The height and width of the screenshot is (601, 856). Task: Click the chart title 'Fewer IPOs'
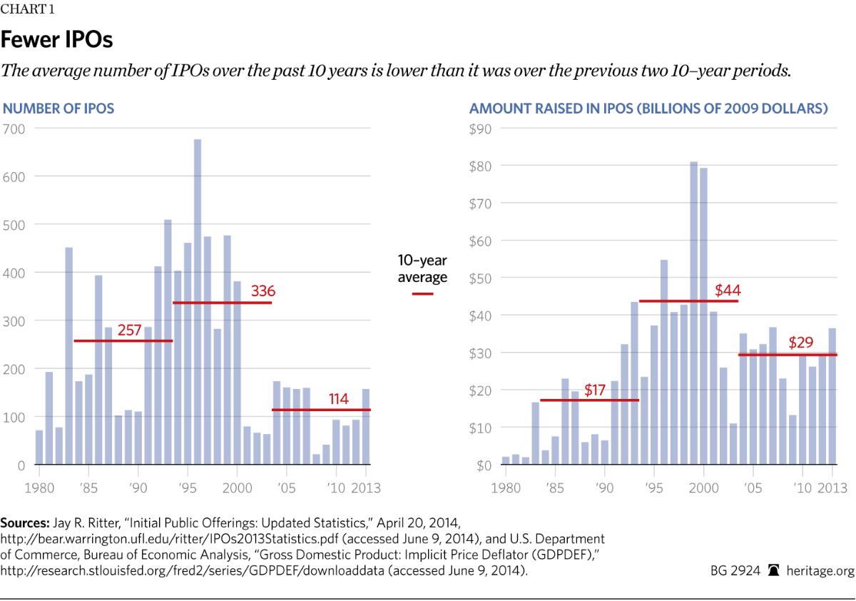58,40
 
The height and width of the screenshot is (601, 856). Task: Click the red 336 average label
263,291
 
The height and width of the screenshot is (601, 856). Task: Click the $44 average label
728,290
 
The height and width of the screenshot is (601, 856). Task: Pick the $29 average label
801,343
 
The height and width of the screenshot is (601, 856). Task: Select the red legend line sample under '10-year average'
422,293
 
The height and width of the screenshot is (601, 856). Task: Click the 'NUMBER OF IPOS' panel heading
59,109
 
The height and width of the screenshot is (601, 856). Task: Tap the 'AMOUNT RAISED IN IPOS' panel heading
648,109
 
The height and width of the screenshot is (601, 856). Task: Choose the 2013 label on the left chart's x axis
366,488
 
